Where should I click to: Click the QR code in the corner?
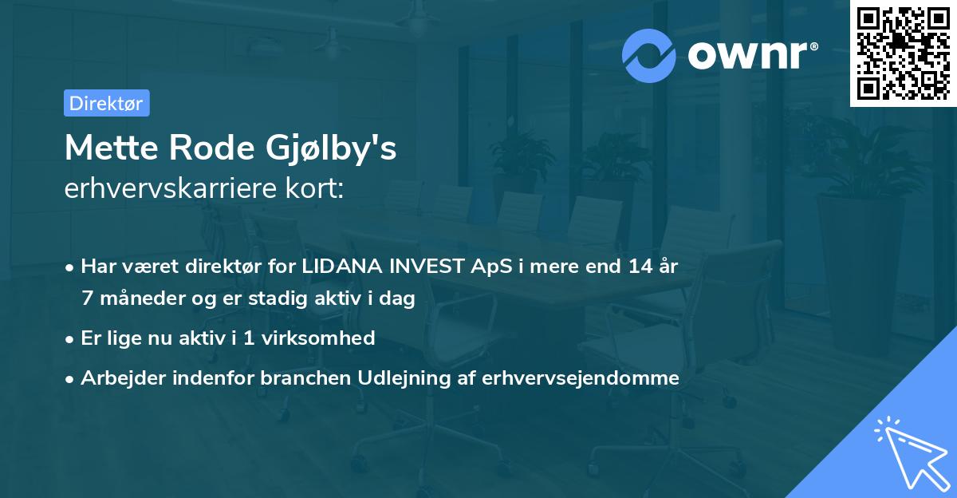click(x=903, y=53)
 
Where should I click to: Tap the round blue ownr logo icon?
click(x=650, y=54)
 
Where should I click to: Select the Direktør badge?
click(x=106, y=103)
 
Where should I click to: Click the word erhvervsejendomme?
click(x=581, y=378)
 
